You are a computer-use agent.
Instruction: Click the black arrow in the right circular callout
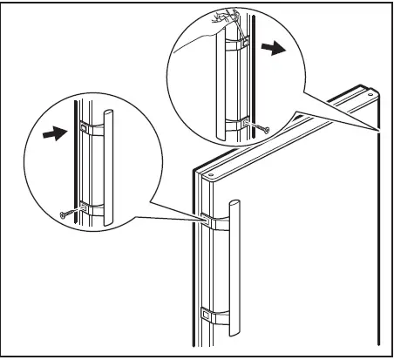pyautogui.click(x=275, y=50)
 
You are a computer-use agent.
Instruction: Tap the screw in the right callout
pyautogui.click(x=262, y=130)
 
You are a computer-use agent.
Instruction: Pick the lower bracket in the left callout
pyautogui.click(x=89, y=207)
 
